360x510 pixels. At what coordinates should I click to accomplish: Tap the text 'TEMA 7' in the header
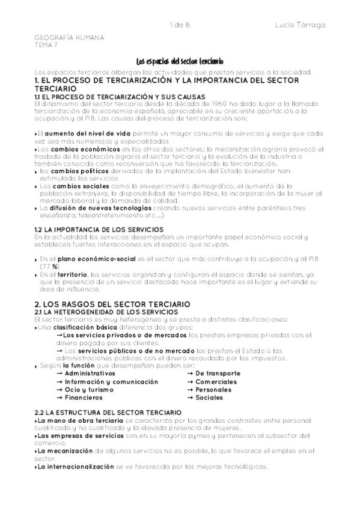(46, 45)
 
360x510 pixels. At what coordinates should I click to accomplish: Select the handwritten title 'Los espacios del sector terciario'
(180, 61)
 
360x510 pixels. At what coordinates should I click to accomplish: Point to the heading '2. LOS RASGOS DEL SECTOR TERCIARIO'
(112, 304)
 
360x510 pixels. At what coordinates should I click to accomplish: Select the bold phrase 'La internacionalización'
(75, 467)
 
